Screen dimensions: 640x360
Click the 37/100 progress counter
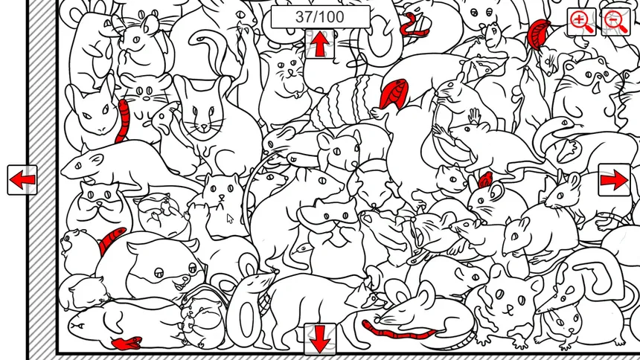pos(321,17)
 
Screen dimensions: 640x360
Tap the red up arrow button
pos(320,44)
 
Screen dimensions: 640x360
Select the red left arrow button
pos(22,179)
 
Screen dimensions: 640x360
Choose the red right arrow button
pos(614,179)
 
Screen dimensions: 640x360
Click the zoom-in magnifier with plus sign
pos(581,22)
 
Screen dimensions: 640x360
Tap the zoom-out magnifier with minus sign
pos(616,22)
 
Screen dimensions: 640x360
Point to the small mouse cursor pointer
pos(230,219)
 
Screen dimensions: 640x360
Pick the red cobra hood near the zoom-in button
pos(538,34)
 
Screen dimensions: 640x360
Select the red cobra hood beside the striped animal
pos(394,94)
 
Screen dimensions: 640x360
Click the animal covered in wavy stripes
pos(347,100)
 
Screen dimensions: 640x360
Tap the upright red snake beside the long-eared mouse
pos(122,120)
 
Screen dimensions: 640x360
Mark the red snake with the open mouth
pos(127,343)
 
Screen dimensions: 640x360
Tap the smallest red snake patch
pos(485,179)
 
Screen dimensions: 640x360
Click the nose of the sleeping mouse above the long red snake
pos(376,317)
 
